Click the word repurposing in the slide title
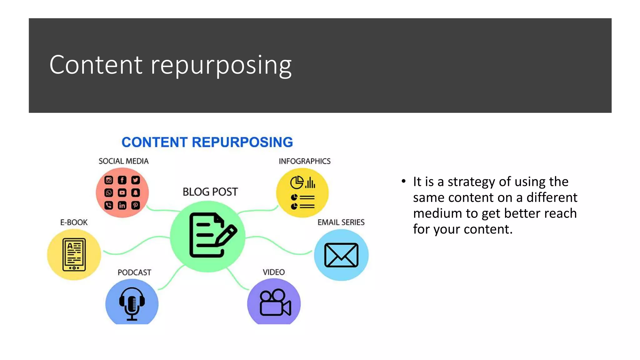click(x=221, y=66)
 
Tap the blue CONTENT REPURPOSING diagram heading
click(x=207, y=142)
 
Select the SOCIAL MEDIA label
click(x=123, y=161)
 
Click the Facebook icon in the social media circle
click(x=122, y=180)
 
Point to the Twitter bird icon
click(x=135, y=180)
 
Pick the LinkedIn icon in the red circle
click(x=122, y=205)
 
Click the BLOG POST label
click(x=210, y=192)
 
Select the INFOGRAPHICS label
click(x=304, y=161)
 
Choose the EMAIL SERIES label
click(x=341, y=222)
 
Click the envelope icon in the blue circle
click(x=341, y=255)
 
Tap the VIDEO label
click(x=273, y=272)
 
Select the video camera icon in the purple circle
click(x=275, y=302)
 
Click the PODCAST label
click(x=134, y=272)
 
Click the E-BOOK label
click(x=74, y=222)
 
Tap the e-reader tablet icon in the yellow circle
click(x=74, y=254)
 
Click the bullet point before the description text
click(x=403, y=181)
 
